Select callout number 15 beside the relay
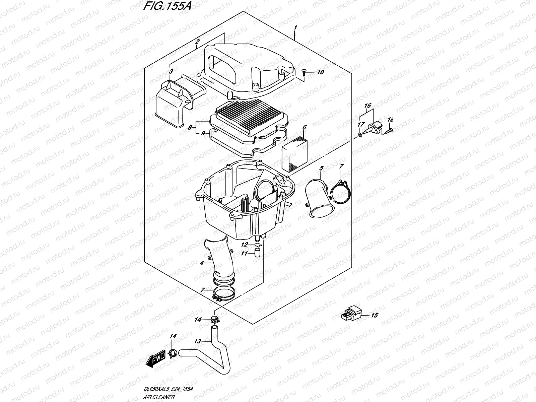click(375, 315)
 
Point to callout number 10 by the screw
click(320, 72)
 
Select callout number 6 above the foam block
click(305, 127)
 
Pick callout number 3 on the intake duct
click(171, 71)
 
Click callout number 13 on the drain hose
click(198, 341)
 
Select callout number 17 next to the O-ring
click(360, 124)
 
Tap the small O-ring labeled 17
click(360, 134)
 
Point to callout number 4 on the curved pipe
click(202, 263)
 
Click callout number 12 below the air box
click(245, 245)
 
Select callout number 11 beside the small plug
click(245, 254)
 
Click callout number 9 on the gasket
click(203, 133)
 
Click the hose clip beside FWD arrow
click(172, 352)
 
